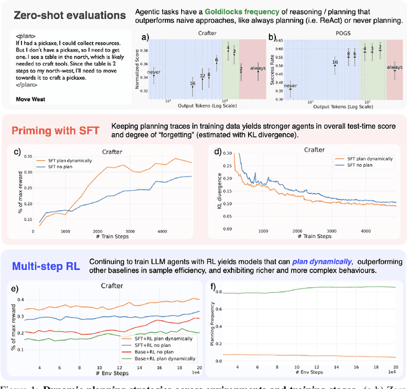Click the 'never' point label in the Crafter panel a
point(154,73)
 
